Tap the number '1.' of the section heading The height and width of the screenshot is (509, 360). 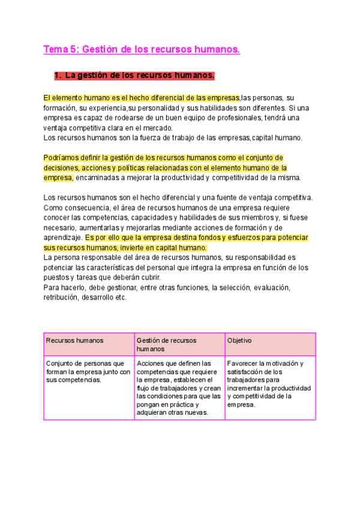click(x=58, y=76)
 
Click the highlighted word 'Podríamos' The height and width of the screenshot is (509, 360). click(x=61, y=158)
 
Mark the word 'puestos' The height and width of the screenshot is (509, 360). click(x=57, y=277)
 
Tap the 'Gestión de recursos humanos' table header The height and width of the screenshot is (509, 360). click(x=179, y=344)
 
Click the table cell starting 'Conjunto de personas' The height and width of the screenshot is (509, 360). click(x=89, y=371)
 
